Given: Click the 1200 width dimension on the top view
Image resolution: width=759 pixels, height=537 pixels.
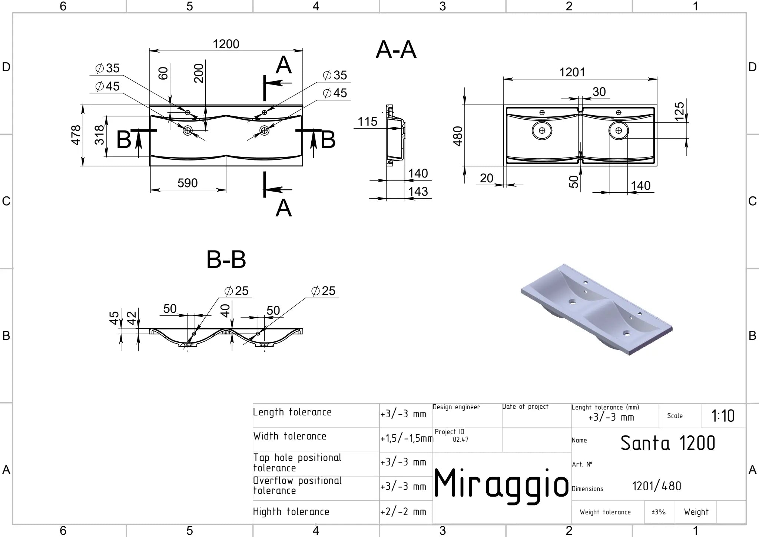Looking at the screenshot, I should point(226,44).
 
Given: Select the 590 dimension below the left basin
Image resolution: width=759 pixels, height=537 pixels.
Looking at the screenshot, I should point(188,183).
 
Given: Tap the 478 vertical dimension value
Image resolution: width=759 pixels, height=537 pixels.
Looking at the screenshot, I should point(76,135).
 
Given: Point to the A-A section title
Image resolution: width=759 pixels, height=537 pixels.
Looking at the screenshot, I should point(396,50).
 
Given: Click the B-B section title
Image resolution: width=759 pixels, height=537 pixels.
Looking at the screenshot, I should point(226,259).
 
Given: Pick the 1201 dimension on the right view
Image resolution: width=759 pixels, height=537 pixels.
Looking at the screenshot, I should point(572,72).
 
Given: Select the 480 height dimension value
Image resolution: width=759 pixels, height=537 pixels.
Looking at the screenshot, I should point(458,136).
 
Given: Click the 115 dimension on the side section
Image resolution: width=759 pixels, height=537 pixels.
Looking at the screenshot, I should point(367,122).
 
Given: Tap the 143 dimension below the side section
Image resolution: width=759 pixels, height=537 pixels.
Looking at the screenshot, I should point(418,191).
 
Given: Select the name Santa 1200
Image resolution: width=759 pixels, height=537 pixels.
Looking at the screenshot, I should point(667,443).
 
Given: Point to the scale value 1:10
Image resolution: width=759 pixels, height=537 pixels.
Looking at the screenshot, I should point(723,416).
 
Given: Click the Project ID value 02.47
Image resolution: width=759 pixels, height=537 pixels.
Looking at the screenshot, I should point(461,440).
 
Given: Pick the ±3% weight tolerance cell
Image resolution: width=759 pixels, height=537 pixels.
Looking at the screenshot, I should point(659,512).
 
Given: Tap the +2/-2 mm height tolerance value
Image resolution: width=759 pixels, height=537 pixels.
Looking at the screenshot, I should point(403,512).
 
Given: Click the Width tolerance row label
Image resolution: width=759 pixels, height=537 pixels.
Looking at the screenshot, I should point(290,436).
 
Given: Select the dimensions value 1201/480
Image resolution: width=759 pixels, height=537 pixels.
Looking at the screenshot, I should point(656,486).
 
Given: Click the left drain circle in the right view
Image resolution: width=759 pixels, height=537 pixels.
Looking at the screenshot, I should point(542,130).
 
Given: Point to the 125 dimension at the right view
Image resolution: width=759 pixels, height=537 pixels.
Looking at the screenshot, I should point(679,111).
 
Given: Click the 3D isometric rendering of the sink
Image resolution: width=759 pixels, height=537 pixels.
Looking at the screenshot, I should point(597,310).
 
